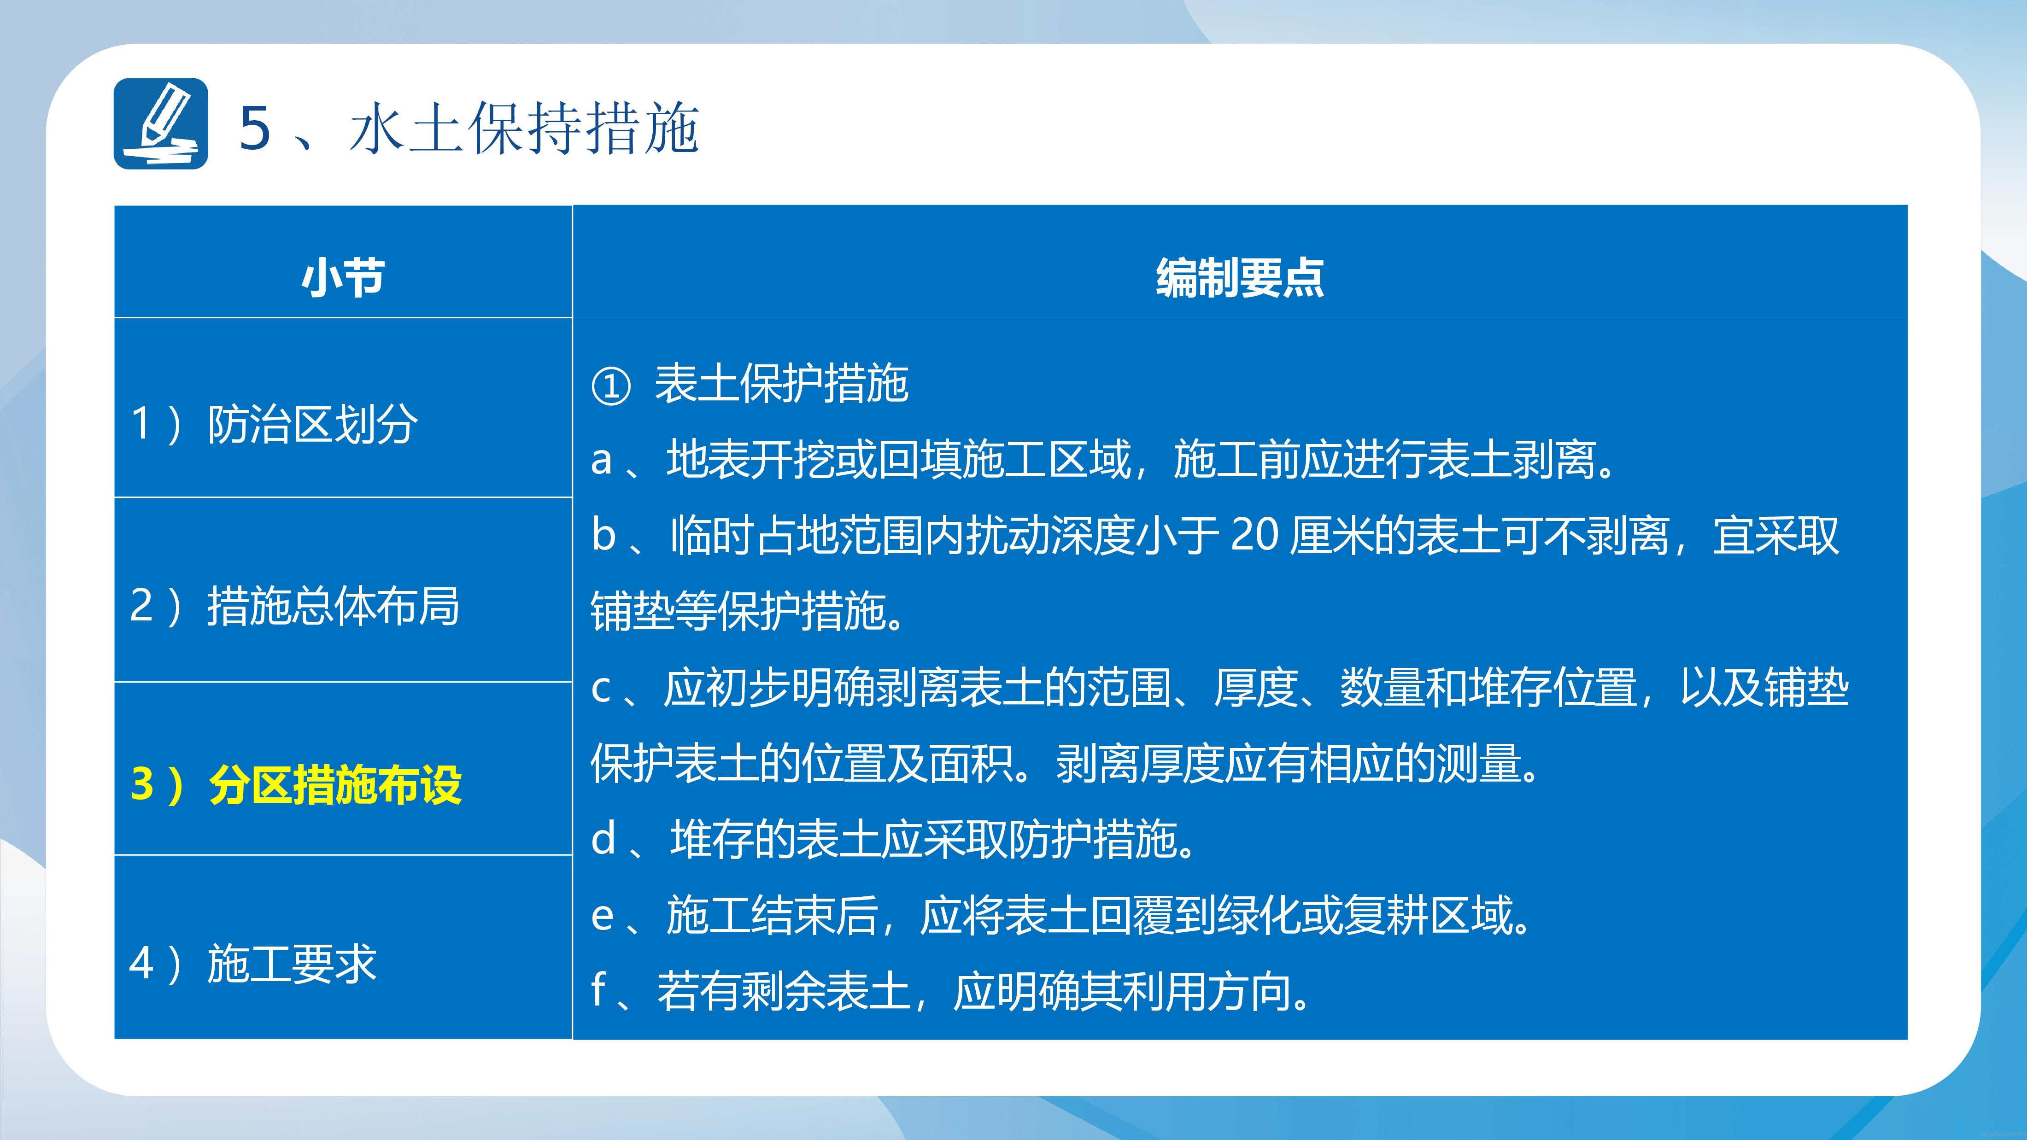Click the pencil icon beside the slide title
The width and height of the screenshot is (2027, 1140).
[160, 123]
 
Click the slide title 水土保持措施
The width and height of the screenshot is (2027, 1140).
[524, 128]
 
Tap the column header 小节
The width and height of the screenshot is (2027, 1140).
[343, 278]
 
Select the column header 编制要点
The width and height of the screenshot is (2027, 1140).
[1240, 278]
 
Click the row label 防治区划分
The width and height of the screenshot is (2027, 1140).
[312, 424]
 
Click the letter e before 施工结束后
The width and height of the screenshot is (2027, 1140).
[602, 916]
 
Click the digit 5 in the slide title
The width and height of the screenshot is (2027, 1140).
[255, 128]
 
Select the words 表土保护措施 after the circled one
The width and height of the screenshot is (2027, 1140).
[781, 384]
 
